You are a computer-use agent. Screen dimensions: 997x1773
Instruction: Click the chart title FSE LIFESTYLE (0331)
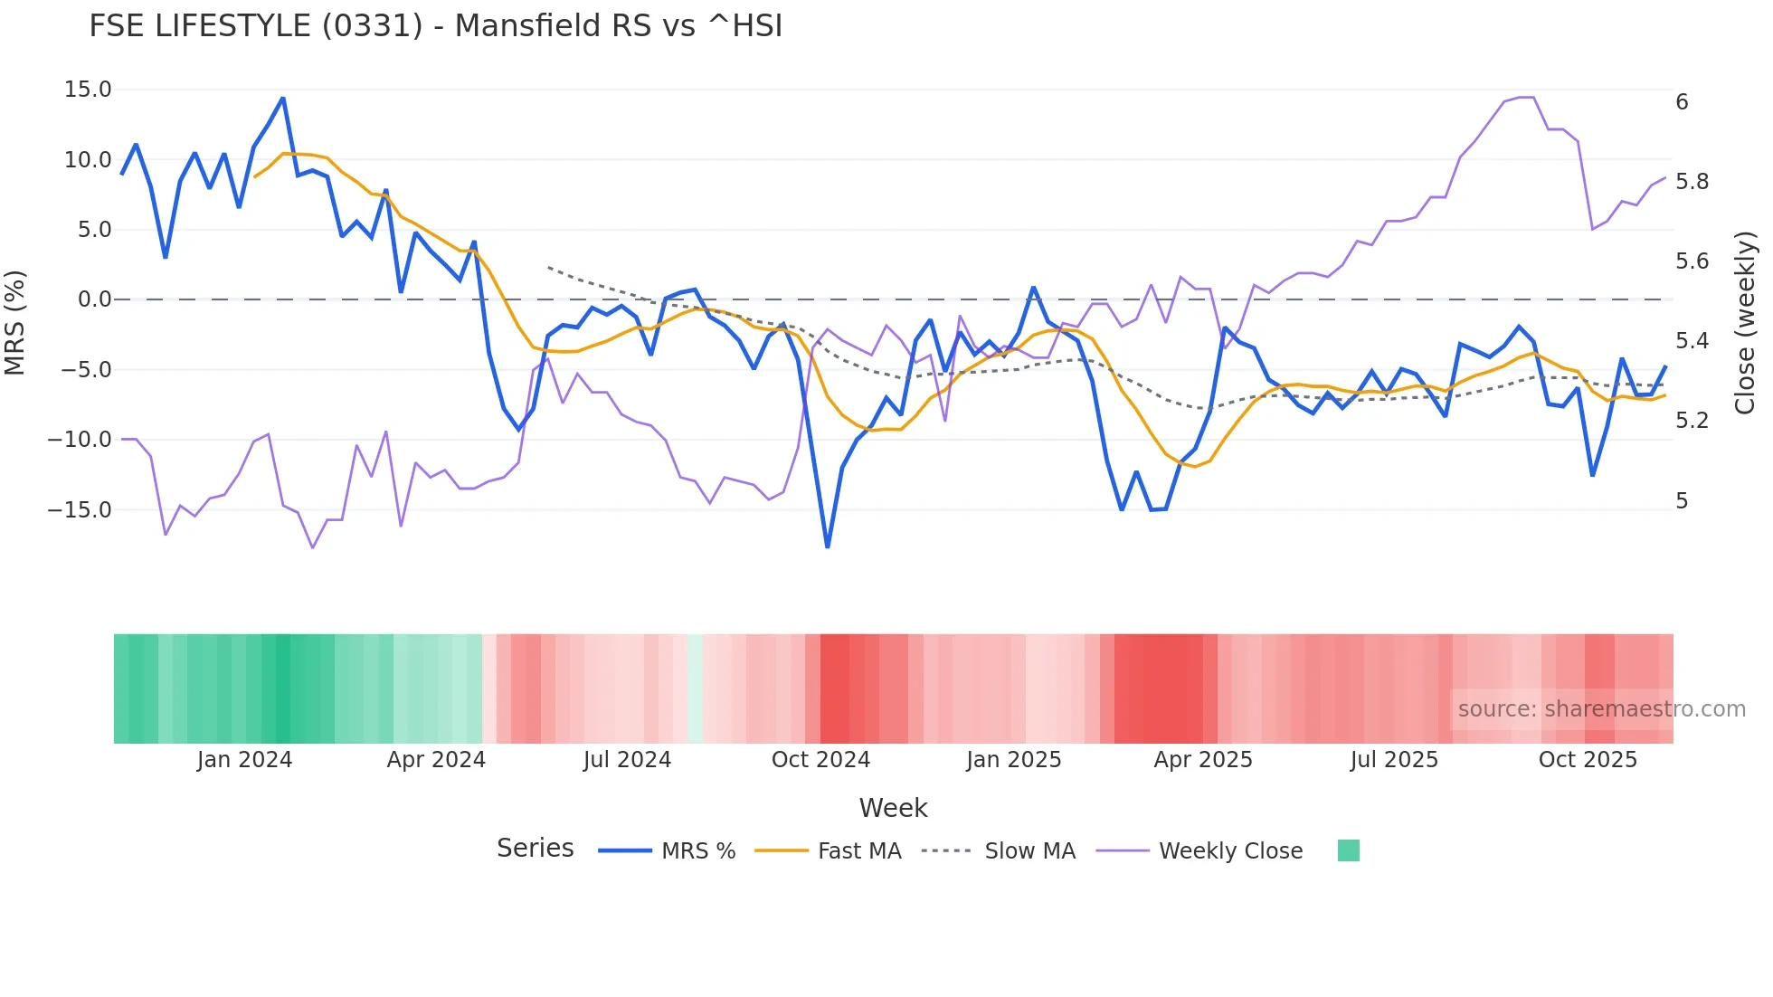point(435,26)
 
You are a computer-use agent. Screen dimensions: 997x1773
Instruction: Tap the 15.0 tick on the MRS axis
point(88,90)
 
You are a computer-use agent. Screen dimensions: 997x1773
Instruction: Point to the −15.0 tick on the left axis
point(80,510)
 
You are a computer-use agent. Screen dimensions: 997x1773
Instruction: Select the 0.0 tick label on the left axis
point(94,299)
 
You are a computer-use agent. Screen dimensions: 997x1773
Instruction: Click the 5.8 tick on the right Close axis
point(1692,182)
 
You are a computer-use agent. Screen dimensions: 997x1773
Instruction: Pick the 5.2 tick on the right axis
point(1692,421)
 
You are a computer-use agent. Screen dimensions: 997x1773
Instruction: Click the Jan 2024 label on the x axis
point(244,760)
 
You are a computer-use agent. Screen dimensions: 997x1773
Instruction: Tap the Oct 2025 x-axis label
point(1588,760)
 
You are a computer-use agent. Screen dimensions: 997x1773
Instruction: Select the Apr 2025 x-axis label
point(1202,760)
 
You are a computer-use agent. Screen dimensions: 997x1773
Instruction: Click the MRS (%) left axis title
point(15,323)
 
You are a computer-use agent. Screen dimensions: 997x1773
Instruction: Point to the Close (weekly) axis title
point(1745,323)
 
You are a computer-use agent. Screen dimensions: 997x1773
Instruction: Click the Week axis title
point(893,808)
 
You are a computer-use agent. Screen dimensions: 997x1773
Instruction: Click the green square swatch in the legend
point(1348,850)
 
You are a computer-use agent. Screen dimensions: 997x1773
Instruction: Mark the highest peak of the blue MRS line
point(283,99)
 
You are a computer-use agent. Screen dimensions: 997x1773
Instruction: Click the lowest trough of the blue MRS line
point(827,546)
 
